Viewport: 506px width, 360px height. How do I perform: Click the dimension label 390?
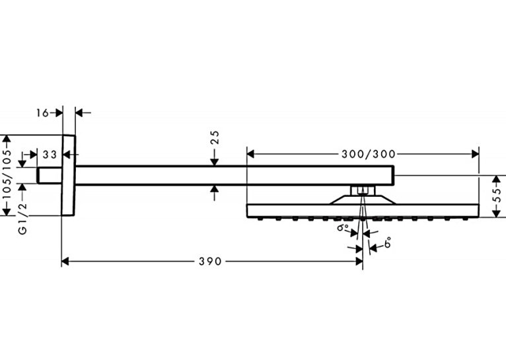click(210, 262)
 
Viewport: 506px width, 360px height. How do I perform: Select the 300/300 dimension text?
click(369, 154)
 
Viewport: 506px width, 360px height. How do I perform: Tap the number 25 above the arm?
click(215, 137)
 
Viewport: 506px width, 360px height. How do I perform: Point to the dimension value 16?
click(42, 113)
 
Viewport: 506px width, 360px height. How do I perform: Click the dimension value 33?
click(50, 155)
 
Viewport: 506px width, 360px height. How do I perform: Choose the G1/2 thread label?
click(22, 219)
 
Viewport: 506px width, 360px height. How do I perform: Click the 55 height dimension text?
click(498, 195)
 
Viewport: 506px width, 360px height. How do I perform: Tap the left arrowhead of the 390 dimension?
click(65, 262)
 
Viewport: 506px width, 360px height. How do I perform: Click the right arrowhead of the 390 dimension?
click(359, 262)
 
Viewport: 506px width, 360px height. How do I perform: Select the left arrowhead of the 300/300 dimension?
click(251, 154)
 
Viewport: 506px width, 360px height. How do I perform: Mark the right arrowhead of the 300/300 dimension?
click(475, 154)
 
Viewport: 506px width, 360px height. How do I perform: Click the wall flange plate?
click(69, 175)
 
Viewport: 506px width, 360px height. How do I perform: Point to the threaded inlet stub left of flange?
click(50, 176)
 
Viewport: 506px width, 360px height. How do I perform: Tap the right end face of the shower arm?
click(394, 176)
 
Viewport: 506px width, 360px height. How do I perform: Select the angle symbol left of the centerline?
click(343, 227)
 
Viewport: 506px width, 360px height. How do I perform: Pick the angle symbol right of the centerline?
click(388, 242)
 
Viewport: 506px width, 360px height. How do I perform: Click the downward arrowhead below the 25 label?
click(215, 162)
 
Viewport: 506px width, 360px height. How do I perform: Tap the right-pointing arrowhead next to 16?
click(59, 113)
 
